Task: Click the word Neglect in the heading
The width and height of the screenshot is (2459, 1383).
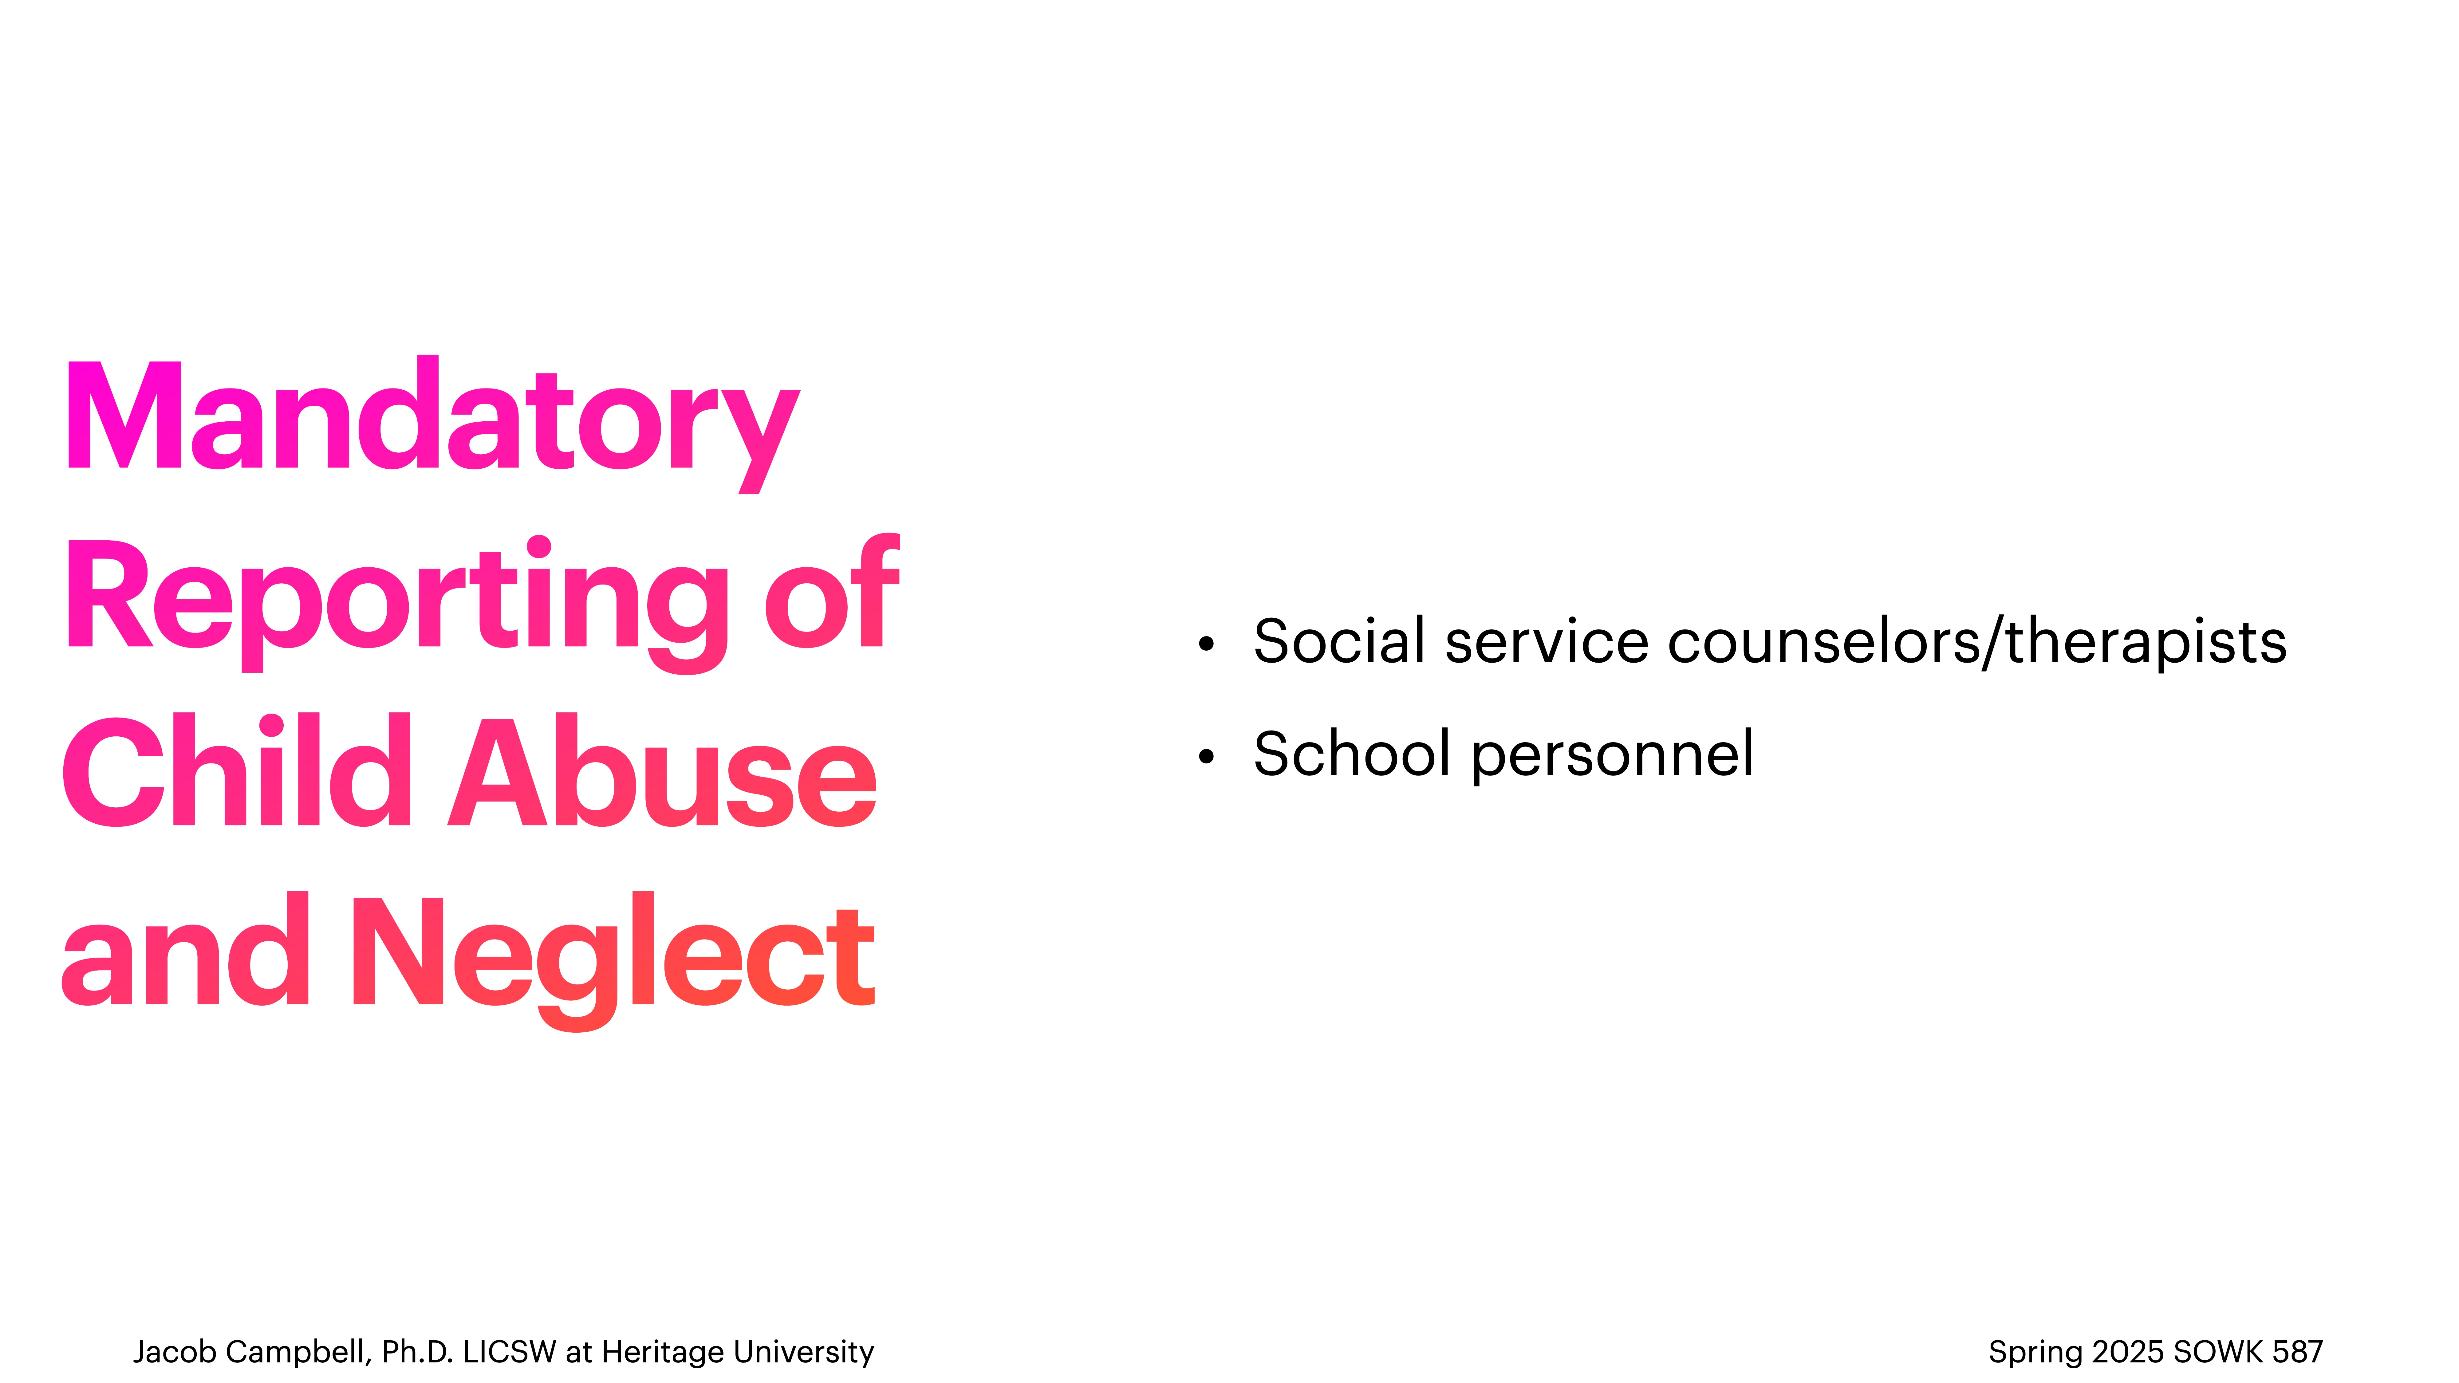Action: pyautogui.click(x=613, y=955)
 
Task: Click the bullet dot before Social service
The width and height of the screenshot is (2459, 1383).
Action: pyautogui.click(x=1207, y=644)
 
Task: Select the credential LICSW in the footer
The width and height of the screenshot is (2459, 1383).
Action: pyautogui.click(x=509, y=1352)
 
